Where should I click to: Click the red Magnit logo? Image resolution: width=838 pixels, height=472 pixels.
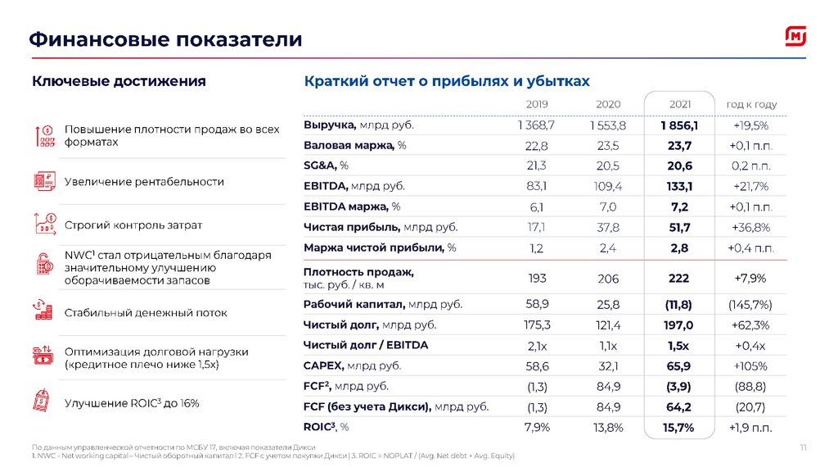click(x=795, y=38)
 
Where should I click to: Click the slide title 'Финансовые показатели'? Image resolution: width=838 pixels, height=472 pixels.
click(x=166, y=39)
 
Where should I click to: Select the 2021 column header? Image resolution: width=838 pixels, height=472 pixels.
click(x=680, y=105)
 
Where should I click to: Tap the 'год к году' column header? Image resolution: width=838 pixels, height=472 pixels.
click(x=751, y=105)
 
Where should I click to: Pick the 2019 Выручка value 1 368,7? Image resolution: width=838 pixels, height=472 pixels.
click(x=536, y=125)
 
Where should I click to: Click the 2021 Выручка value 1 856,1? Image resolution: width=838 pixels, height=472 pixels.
click(x=679, y=125)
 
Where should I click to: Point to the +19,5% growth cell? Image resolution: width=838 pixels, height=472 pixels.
click(x=751, y=125)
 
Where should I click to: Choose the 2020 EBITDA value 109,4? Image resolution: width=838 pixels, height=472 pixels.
click(x=608, y=186)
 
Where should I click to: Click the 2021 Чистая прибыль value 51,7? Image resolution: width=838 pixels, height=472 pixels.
click(x=679, y=227)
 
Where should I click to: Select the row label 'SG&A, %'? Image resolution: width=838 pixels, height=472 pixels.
click(x=326, y=166)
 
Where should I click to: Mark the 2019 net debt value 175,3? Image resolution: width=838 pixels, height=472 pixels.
click(x=537, y=325)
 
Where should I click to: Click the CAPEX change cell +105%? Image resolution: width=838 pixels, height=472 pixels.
click(x=751, y=365)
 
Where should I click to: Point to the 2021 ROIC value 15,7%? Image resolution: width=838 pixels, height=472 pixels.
click(x=679, y=427)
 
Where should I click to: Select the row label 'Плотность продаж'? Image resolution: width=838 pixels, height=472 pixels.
click(x=358, y=272)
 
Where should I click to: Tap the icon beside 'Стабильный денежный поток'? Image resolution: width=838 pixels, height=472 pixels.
click(x=43, y=311)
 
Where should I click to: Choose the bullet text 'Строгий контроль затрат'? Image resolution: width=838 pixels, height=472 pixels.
click(x=133, y=225)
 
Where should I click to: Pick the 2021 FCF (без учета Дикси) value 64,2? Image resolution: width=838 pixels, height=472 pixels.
click(x=679, y=406)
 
